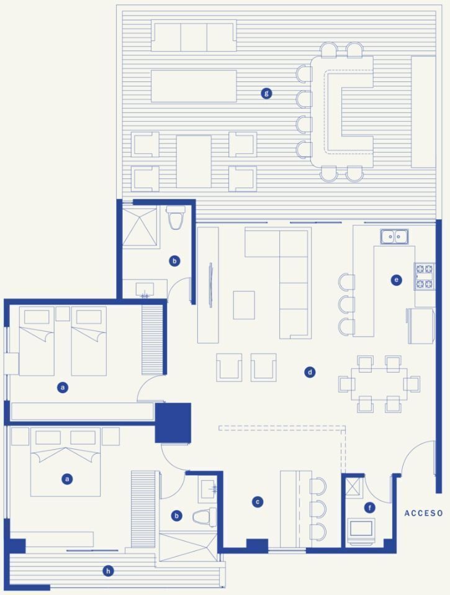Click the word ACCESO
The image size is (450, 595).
coord(423,513)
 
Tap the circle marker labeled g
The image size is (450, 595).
coord(266,93)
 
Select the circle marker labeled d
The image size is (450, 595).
coord(310,372)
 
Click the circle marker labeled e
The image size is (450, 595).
coord(396,280)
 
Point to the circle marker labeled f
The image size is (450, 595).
coord(370,507)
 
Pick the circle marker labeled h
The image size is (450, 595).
coord(108,571)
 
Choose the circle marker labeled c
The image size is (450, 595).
coord(258,502)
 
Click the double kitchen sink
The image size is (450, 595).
coord(394,237)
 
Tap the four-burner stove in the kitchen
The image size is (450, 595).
coord(425,276)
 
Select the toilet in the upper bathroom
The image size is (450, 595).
coord(176,217)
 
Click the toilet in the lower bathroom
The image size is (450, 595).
coord(204,517)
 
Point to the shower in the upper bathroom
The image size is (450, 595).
coord(140,227)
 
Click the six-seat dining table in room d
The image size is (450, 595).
coord(379,384)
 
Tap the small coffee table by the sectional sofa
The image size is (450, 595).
coord(244,305)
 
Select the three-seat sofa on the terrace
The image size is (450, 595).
coord(194,35)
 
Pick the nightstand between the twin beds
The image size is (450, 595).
coord(63,314)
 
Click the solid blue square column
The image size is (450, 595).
coord(173,423)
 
